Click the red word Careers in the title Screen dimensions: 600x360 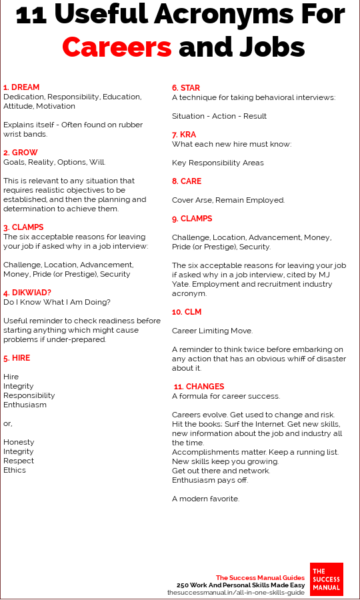[117, 47]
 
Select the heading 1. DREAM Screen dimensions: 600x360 [21, 87]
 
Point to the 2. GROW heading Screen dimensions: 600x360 [21, 153]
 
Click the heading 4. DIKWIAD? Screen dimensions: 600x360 [28, 293]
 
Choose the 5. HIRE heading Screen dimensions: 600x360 [17, 358]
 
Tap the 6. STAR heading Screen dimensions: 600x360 [186, 88]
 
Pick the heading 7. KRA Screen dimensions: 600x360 [185, 135]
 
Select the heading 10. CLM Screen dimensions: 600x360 [187, 312]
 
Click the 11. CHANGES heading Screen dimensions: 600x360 [199, 387]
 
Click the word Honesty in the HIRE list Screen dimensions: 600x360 [19, 442]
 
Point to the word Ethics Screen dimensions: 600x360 [15, 470]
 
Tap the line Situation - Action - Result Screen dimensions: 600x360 [219, 116]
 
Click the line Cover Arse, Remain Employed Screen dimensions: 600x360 [228, 200]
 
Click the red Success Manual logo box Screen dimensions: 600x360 [326, 579]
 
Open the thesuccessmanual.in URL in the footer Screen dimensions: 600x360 [236, 592]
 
